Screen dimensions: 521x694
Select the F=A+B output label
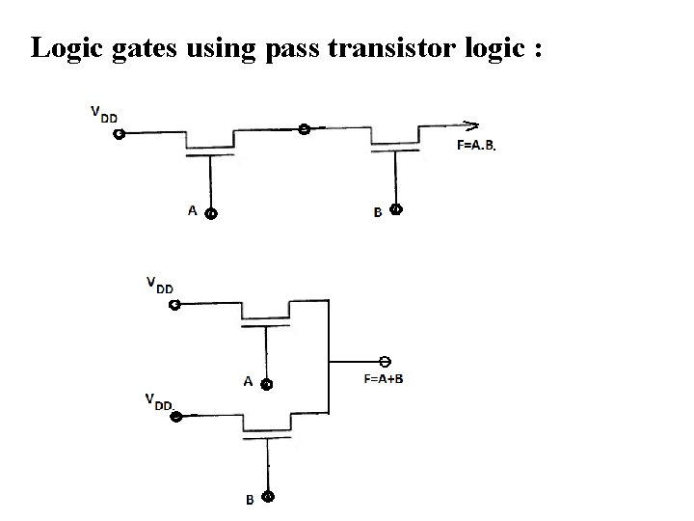pyautogui.click(x=384, y=377)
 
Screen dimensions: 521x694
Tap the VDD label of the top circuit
pyautogui.click(x=104, y=114)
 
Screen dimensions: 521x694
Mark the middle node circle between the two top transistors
pyautogui.click(x=304, y=128)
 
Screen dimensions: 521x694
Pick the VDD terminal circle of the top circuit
pyautogui.click(x=118, y=135)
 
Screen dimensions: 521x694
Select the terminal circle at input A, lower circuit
pyautogui.click(x=267, y=384)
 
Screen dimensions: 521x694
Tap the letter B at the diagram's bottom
pyautogui.click(x=250, y=500)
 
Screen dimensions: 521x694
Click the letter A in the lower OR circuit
pyautogui.click(x=249, y=382)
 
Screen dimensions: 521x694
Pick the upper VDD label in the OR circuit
pyautogui.click(x=160, y=285)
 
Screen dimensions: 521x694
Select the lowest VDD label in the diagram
pyautogui.click(x=160, y=400)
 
